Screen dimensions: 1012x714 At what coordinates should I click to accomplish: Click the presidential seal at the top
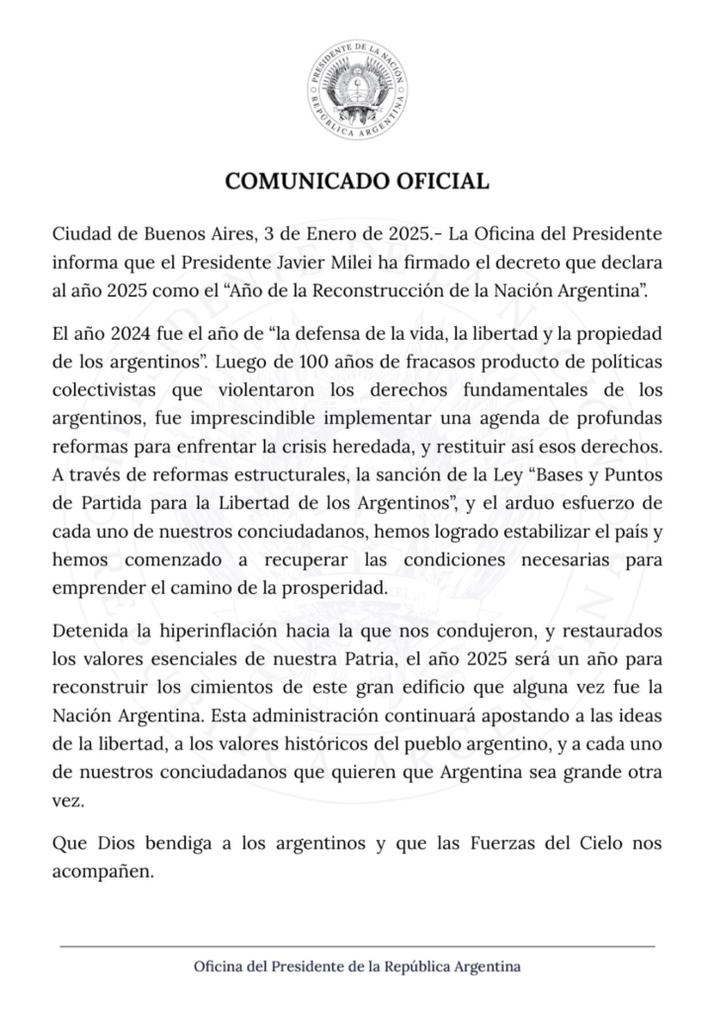point(356,91)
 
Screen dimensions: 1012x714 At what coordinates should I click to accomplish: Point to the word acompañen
point(104,871)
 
